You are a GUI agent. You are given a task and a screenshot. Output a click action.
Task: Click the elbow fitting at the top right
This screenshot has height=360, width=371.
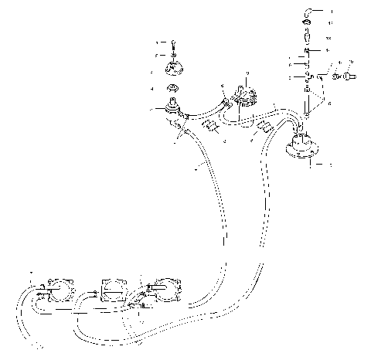(308, 13)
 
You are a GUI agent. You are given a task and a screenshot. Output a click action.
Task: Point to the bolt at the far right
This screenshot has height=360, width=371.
(349, 76)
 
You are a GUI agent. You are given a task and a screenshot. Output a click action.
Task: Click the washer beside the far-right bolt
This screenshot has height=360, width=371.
(337, 76)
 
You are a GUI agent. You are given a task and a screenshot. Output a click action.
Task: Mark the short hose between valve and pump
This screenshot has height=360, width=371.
(203, 110)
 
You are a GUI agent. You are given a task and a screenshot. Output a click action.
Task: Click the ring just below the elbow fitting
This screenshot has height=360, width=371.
(307, 25)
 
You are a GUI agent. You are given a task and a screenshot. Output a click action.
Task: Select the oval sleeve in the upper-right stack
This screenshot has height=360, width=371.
(307, 37)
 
